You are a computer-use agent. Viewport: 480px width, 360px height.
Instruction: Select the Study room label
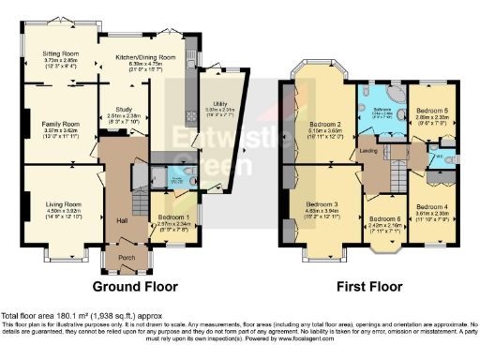tap(123, 108)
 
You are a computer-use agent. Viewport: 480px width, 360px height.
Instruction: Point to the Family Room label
tap(59, 124)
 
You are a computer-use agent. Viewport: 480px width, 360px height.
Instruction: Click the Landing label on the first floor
tap(367, 149)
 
